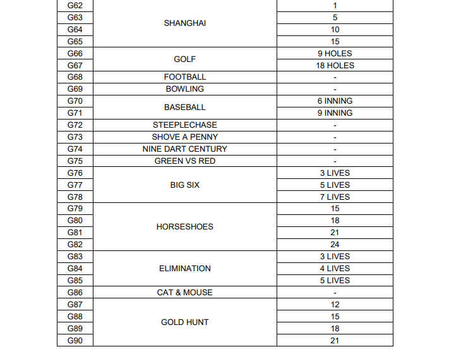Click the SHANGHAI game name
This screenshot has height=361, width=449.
point(185,23)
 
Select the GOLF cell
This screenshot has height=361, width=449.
point(185,59)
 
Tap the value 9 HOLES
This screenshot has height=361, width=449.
point(335,54)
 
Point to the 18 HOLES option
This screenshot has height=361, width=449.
point(335,66)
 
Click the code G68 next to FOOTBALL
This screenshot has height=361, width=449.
point(75,77)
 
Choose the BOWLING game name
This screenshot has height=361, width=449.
point(185,89)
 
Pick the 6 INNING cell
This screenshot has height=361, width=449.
point(335,101)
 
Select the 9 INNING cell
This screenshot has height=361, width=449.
point(335,113)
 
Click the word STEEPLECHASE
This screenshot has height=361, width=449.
point(185,125)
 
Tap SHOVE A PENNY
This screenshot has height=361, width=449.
point(185,137)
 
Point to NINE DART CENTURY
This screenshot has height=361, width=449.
point(185,149)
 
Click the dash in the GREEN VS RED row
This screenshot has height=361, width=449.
point(335,161)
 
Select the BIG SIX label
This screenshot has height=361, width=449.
point(185,185)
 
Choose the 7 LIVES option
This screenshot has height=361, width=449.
point(335,197)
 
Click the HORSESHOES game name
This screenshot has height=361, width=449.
point(185,227)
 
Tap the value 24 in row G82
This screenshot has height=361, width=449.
point(335,245)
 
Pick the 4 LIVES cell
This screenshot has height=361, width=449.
point(335,269)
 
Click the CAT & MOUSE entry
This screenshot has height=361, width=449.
point(185,293)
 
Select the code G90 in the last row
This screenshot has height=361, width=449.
point(75,341)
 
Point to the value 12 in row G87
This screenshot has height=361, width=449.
point(335,305)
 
